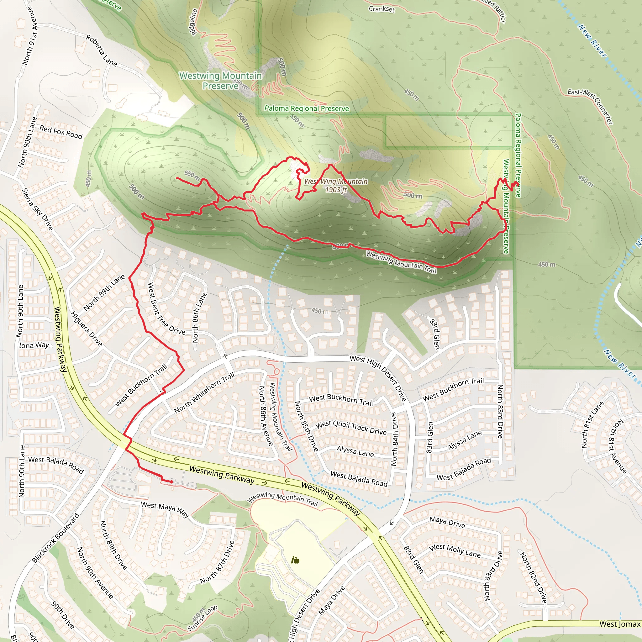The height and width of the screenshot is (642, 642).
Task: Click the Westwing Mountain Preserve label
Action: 220,81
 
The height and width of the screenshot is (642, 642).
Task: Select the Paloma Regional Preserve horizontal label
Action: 306,108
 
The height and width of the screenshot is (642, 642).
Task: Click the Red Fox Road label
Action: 61,132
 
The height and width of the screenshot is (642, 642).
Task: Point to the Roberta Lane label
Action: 101,50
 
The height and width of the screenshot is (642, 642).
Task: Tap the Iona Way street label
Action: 34,345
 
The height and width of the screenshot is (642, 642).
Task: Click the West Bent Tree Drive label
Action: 166,309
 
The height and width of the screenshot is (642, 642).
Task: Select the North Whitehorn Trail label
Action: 204,392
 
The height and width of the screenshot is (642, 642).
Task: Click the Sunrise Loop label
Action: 203,618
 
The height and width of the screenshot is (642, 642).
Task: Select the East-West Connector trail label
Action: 590,106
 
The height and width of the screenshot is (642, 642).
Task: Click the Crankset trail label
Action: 382,9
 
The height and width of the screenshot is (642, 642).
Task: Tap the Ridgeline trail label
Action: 193,22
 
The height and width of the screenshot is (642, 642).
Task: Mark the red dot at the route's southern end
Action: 171,481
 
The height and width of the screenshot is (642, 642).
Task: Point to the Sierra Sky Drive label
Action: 37,209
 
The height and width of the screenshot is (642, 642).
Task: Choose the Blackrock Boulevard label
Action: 55,538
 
